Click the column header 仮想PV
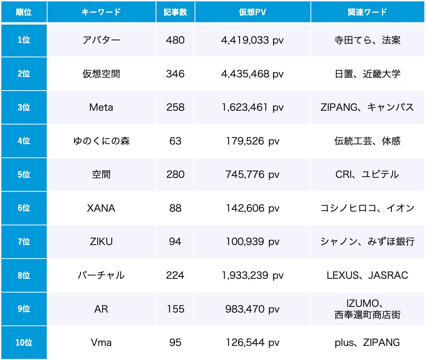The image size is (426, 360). click(x=252, y=12)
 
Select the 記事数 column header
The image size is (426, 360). click(x=175, y=12)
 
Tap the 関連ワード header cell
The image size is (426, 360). click(x=367, y=12)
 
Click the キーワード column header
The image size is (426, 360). click(x=101, y=12)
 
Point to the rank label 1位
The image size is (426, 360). click(x=24, y=40)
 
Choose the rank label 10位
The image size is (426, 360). click(x=24, y=343)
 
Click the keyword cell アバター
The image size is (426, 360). click(x=101, y=40)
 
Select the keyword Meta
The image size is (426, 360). click(x=101, y=107)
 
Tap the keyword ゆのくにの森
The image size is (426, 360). click(x=101, y=141)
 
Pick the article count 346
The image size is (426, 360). click(x=175, y=74)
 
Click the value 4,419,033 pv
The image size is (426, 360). click(x=252, y=40)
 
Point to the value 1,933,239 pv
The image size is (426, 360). click(x=252, y=275)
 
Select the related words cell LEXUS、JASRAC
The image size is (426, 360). click(x=367, y=275)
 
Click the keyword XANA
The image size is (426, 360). click(x=101, y=208)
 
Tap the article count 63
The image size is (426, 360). click(x=175, y=141)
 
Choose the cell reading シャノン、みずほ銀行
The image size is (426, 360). click(x=367, y=242)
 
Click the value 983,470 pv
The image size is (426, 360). click(x=252, y=309)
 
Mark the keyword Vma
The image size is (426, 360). click(x=101, y=343)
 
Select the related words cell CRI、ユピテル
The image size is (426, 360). click(x=367, y=174)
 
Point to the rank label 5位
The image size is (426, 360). click(x=24, y=174)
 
